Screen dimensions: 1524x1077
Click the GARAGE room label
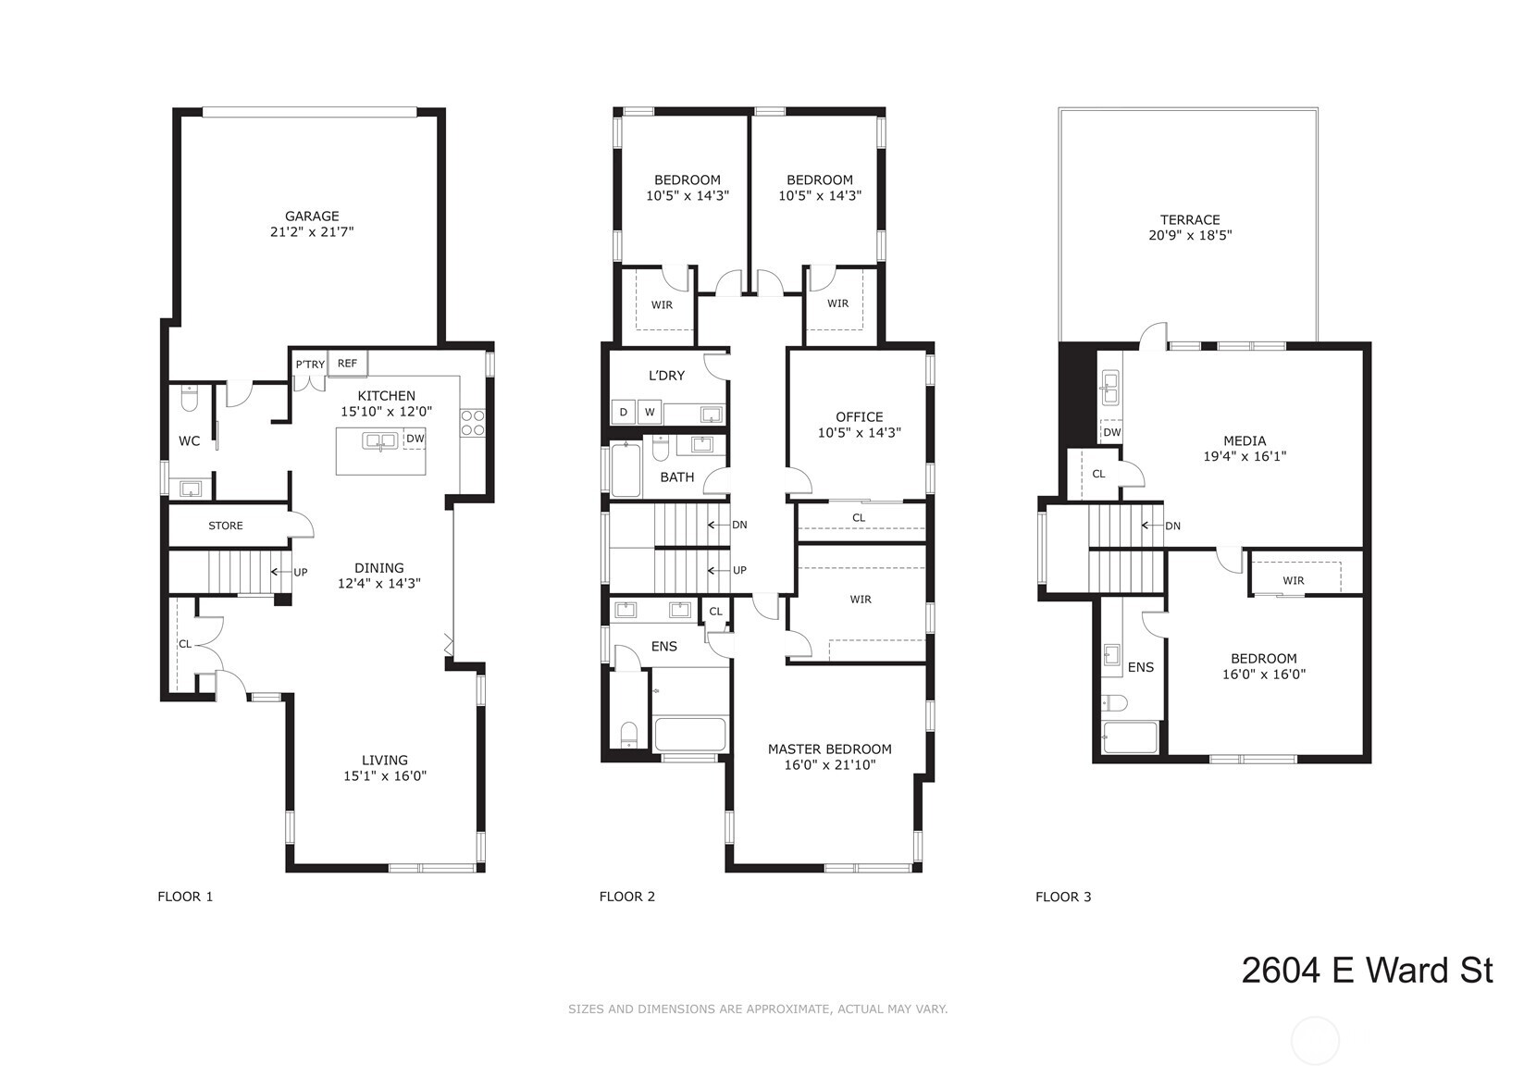[312, 217]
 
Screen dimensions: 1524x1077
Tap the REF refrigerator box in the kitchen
[348, 364]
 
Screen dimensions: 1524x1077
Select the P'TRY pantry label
[310, 365]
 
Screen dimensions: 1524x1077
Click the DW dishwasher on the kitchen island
[415, 439]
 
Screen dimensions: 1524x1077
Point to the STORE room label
[225, 526]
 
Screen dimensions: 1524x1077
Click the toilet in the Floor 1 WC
[189, 400]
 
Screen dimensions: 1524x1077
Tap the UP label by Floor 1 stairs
[300, 572]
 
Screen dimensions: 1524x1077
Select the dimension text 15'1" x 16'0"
[384, 775]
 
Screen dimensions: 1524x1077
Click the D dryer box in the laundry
[624, 412]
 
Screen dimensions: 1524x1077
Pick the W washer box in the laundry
[650, 412]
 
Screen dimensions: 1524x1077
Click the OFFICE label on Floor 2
[860, 417]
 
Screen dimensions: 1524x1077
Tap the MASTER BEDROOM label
[829, 749]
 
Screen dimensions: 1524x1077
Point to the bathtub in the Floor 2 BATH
[626, 470]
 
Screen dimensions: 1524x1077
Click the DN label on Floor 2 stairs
[739, 525]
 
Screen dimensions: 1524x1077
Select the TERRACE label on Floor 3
[1190, 220]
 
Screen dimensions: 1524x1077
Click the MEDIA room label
[1245, 440]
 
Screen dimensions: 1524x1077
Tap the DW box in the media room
[1111, 432]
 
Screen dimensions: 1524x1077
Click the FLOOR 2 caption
[626, 897]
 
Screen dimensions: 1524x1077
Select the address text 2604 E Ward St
[1367, 971]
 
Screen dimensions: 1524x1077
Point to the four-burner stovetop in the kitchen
[472, 422]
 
